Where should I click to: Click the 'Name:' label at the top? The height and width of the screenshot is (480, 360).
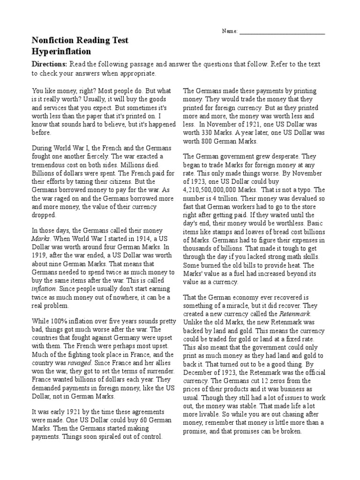click(230, 31)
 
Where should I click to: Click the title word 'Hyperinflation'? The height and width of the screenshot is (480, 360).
click(61, 51)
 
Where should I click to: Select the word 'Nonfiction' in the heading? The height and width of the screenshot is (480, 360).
click(52, 41)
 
